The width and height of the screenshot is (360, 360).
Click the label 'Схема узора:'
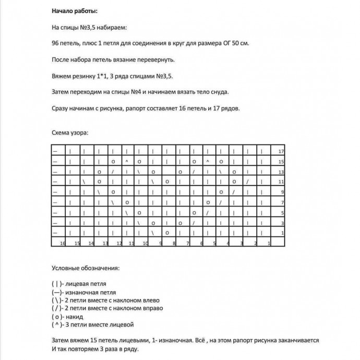(70, 133)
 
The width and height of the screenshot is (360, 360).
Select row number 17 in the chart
(281, 151)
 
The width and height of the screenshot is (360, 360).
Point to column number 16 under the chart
(62, 243)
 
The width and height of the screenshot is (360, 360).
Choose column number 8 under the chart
(175, 243)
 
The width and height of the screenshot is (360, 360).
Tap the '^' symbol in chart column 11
(127, 161)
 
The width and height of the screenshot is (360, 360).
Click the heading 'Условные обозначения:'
(86, 268)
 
